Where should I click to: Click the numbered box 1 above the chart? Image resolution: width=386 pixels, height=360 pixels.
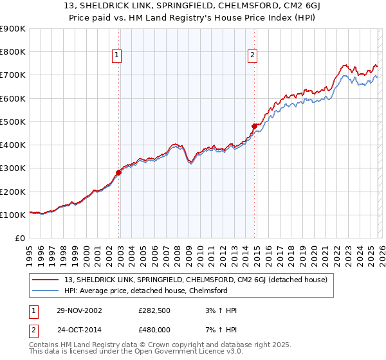pyautogui.click(x=117, y=56)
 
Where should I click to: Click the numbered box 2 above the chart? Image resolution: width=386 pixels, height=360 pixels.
pyautogui.click(x=252, y=56)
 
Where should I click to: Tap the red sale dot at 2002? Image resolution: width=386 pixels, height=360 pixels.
pyautogui.click(x=119, y=172)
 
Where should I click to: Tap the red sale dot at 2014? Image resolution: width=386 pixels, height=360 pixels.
pyautogui.click(x=255, y=126)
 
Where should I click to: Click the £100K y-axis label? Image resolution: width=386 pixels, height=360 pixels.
pyautogui.click(x=13, y=215)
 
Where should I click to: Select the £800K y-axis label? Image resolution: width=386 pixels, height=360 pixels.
pyautogui.click(x=13, y=52)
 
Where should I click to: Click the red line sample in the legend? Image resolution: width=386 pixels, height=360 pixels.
pyautogui.click(x=46, y=280)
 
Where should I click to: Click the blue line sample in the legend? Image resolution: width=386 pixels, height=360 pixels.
pyautogui.click(x=46, y=291)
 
